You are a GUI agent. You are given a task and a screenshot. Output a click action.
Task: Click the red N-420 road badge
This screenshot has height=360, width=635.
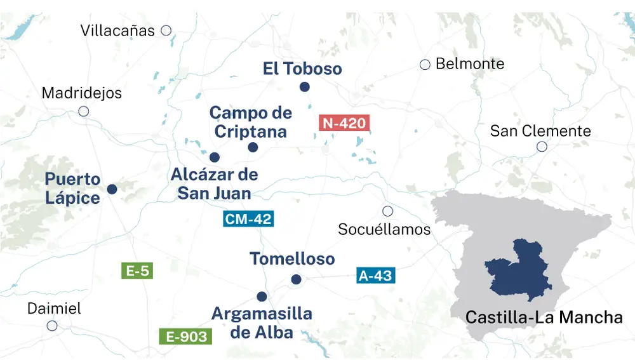click(x=344, y=123)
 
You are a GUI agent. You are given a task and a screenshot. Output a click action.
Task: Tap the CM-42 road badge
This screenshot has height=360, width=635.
click(x=248, y=220)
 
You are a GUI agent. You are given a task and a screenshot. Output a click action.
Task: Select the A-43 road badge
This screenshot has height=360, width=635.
click(x=375, y=276)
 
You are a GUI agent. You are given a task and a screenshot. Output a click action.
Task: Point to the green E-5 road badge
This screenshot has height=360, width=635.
click(x=137, y=271)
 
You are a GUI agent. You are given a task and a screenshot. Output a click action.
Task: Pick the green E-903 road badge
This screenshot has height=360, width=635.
click(x=185, y=337)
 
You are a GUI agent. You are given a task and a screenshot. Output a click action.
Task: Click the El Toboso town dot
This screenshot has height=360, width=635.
click(x=305, y=87)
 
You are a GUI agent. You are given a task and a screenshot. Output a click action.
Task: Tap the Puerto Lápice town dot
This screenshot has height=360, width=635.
click(x=112, y=189)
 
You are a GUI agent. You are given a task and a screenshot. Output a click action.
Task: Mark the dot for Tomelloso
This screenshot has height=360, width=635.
click(x=295, y=279)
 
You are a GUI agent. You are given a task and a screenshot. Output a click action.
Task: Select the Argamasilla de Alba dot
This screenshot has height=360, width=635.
click(x=262, y=296)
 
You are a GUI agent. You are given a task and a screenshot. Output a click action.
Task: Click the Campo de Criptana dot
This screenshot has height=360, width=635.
click(x=253, y=147)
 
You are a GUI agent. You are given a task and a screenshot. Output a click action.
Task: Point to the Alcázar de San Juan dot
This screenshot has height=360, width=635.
click(x=214, y=157)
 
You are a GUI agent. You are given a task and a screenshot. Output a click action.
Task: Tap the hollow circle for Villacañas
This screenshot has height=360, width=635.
click(x=166, y=30)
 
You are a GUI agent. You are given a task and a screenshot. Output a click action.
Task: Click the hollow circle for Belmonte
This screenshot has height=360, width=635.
click(x=425, y=64)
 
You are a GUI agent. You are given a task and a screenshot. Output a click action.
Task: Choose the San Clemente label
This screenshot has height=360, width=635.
click(x=540, y=131)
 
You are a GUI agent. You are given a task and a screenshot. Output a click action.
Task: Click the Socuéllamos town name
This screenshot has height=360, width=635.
click(x=384, y=229)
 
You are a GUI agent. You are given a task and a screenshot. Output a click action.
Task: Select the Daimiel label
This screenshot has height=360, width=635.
click(x=54, y=309)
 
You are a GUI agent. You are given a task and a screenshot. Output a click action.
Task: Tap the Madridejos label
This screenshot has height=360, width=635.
click(x=81, y=93)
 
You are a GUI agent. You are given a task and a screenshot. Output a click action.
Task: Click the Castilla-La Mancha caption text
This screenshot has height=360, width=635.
click(x=544, y=317)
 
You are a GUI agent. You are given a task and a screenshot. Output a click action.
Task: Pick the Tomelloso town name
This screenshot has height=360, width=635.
click(x=292, y=259)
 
